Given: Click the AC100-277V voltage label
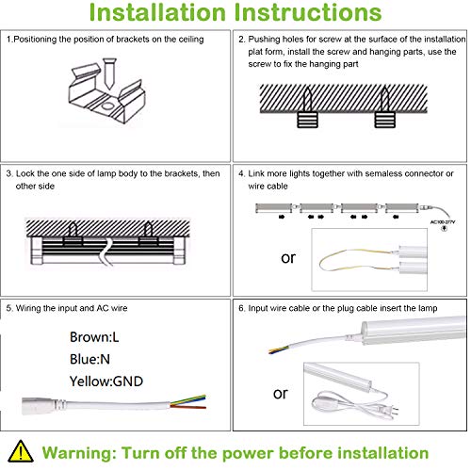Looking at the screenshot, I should coord(446,222).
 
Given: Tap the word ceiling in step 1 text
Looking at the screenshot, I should coord(200,40).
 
